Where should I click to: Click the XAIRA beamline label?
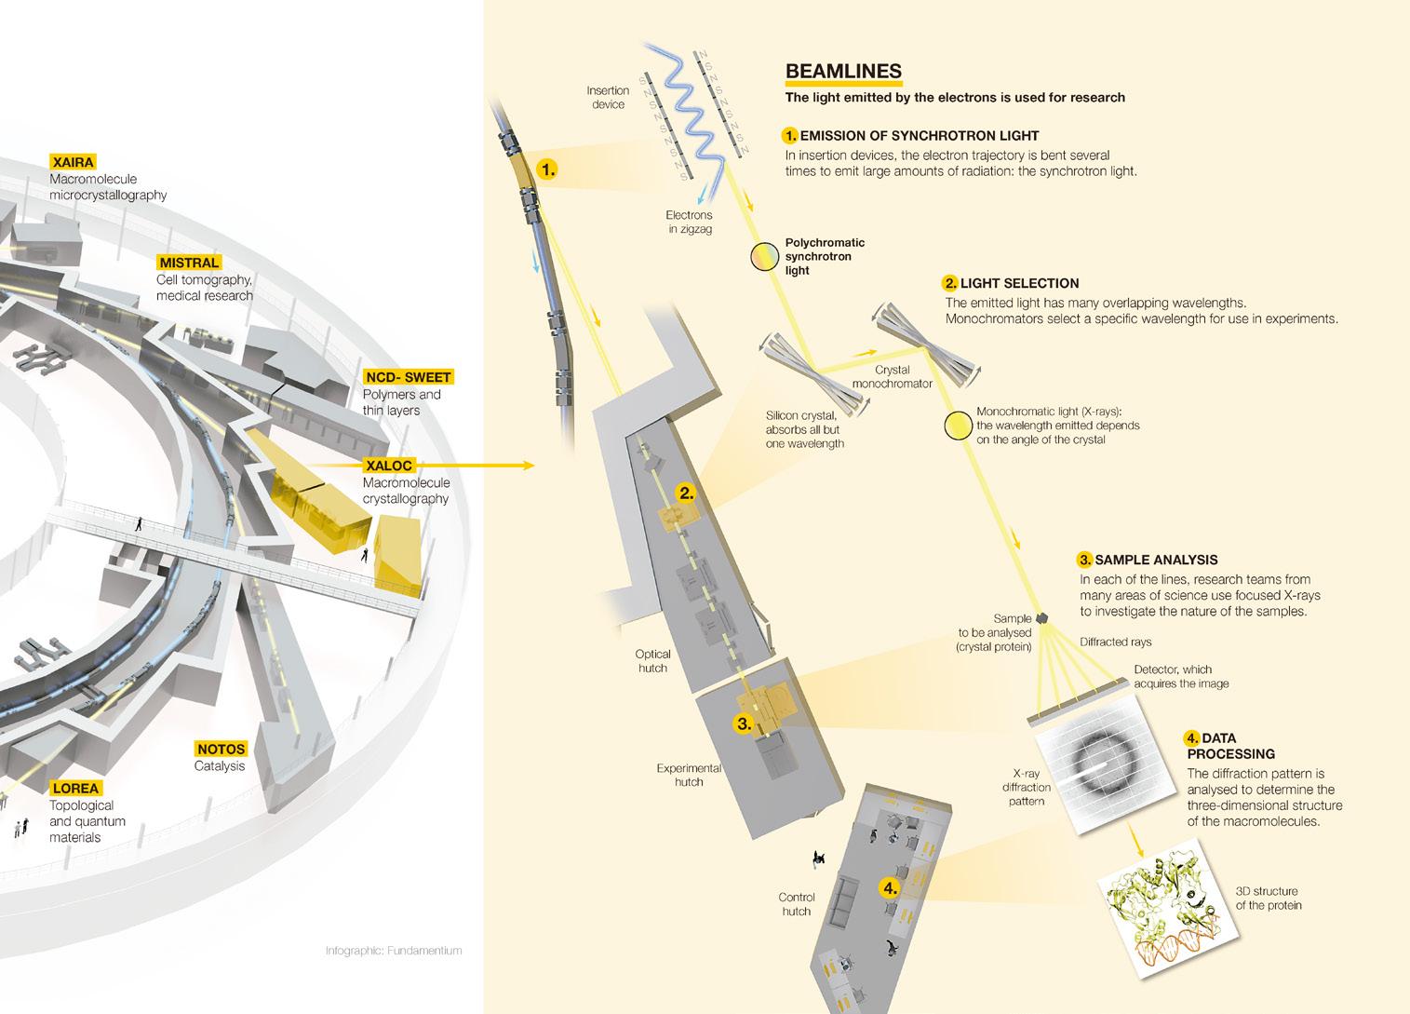point(74,162)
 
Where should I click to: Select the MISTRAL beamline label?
point(189,263)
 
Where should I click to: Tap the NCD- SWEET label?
point(408,377)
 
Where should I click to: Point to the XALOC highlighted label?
point(388,465)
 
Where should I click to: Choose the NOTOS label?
point(221,749)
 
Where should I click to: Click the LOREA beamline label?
point(75,789)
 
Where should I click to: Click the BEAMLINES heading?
point(843,72)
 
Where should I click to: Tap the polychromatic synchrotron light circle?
point(764,256)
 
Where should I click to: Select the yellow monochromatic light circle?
point(958,426)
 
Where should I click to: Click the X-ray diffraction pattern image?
point(1099,764)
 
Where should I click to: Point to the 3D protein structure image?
point(1160,901)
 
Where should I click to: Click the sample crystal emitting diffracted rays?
point(1042,617)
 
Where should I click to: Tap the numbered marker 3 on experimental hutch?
point(744,723)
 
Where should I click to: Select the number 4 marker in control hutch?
point(890,887)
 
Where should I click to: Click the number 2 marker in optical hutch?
point(687,493)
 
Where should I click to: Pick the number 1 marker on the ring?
point(548,169)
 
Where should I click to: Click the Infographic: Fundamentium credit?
point(394,951)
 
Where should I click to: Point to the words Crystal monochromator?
point(892,376)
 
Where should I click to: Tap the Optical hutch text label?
point(652,661)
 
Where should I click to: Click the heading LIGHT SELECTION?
point(1019,283)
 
